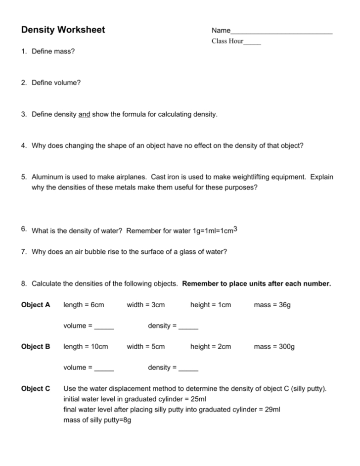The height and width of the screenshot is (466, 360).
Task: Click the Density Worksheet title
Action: (x=63, y=30)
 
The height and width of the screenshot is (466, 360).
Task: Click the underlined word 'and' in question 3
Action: (x=84, y=114)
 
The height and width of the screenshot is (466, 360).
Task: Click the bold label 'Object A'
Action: (x=36, y=305)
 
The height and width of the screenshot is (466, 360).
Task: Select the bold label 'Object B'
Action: (x=36, y=347)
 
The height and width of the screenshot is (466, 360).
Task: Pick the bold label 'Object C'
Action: (x=36, y=389)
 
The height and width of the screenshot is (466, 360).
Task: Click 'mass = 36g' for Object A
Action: (x=272, y=305)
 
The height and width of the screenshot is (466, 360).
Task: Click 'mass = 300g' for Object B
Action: (x=274, y=347)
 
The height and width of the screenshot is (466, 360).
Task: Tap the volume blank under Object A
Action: (x=104, y=327)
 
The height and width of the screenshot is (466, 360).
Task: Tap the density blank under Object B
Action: (x=188, y=369)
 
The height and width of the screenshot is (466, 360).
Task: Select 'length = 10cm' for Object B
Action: (x=86, y=347)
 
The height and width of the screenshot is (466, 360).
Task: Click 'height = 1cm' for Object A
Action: (x=210, y=305)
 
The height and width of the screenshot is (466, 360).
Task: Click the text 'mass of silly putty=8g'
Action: (x=97, y=420)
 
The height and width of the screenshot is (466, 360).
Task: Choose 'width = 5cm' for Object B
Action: (x=145, y=347)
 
